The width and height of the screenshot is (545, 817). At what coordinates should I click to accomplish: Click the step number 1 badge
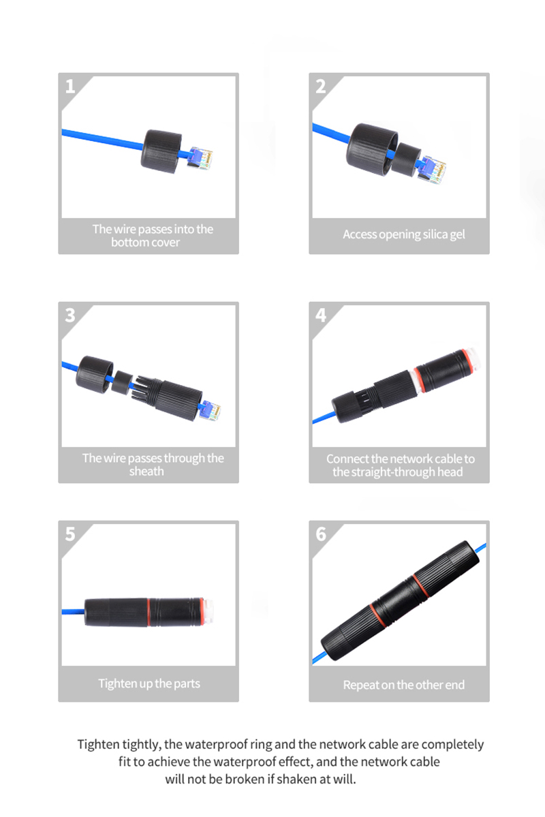click(x=70, y=86)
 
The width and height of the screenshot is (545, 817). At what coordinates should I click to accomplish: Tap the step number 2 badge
click(x=321, y=86)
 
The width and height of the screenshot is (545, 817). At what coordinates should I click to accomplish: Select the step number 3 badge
click(x=70, y=315)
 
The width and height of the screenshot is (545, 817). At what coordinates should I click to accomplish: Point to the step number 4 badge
click(x=321, y=315)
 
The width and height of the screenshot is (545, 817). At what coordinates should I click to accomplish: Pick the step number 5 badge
click(x=70, y=534)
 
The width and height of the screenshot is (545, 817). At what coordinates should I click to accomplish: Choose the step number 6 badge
click(x=321, y=534)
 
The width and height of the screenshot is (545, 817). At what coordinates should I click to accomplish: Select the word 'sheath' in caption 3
click(x=146, y=471)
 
